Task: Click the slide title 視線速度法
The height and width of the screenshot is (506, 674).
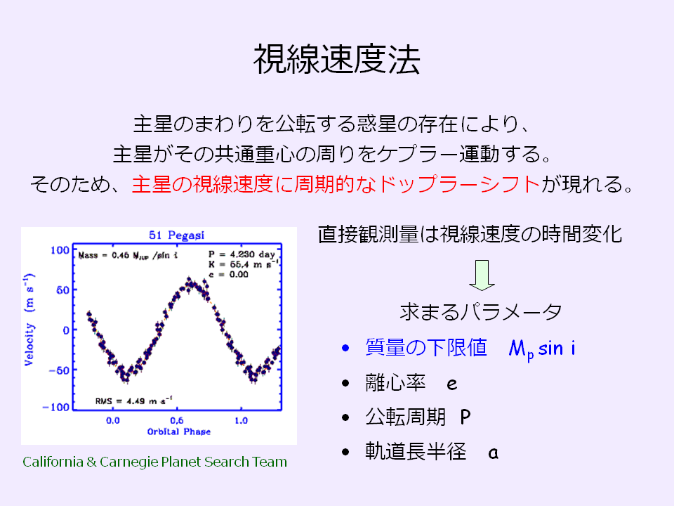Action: coord(336,59)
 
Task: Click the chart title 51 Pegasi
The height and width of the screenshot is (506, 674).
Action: coord(177,235)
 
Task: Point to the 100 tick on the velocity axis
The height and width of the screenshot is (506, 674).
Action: coord(60,250)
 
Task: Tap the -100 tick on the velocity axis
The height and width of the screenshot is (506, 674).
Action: coord(56,407)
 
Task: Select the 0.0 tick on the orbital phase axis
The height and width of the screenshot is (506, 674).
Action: coord(112,420)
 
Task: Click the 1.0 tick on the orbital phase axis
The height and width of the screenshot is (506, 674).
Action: coord(241,420)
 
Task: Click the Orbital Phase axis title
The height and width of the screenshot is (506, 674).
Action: coord(179,432)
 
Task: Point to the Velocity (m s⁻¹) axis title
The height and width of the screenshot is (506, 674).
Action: coord(29,319)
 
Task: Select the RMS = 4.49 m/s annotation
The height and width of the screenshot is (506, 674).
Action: coord(133,401)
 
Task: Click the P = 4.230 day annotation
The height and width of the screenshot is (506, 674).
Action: coord(242,254)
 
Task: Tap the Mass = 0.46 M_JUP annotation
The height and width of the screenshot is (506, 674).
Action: coord(128,255)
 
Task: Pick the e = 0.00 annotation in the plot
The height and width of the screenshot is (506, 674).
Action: coord(228,275)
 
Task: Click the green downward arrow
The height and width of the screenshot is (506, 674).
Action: coord(482,275)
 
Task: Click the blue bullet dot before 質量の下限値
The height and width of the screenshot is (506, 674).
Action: coord(345,348)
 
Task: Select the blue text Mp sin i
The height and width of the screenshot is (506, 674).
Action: coord(542,349)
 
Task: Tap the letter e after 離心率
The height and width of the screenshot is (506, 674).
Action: coord(451,384)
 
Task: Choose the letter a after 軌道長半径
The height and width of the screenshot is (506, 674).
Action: coord(494,453)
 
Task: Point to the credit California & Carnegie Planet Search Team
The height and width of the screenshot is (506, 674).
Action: coord(154,462)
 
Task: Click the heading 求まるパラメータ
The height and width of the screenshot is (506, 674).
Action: coord(481,311)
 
